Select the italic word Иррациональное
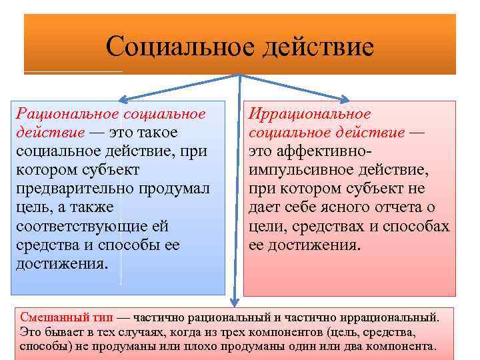point(309,113)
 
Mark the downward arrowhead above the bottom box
point(235,300)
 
